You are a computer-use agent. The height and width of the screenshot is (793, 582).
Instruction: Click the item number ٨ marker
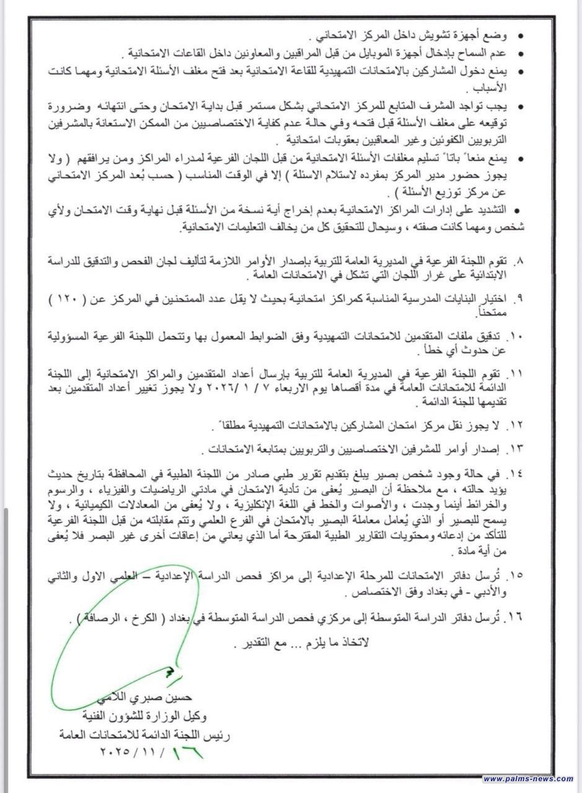pos(521,257)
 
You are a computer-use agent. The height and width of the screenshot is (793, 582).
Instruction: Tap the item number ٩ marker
pos(521,297)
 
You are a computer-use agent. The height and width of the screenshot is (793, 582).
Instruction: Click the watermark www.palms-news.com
pos(528,779)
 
